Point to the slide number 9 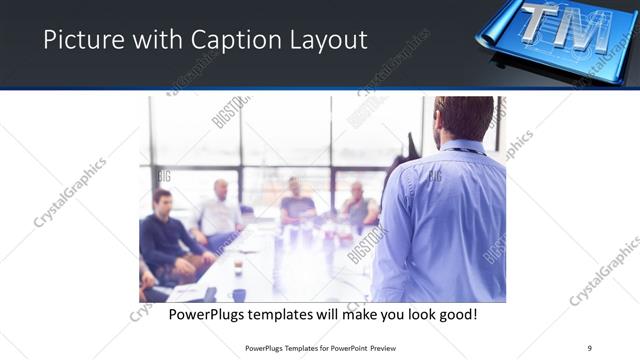click(x=589, y=346)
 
